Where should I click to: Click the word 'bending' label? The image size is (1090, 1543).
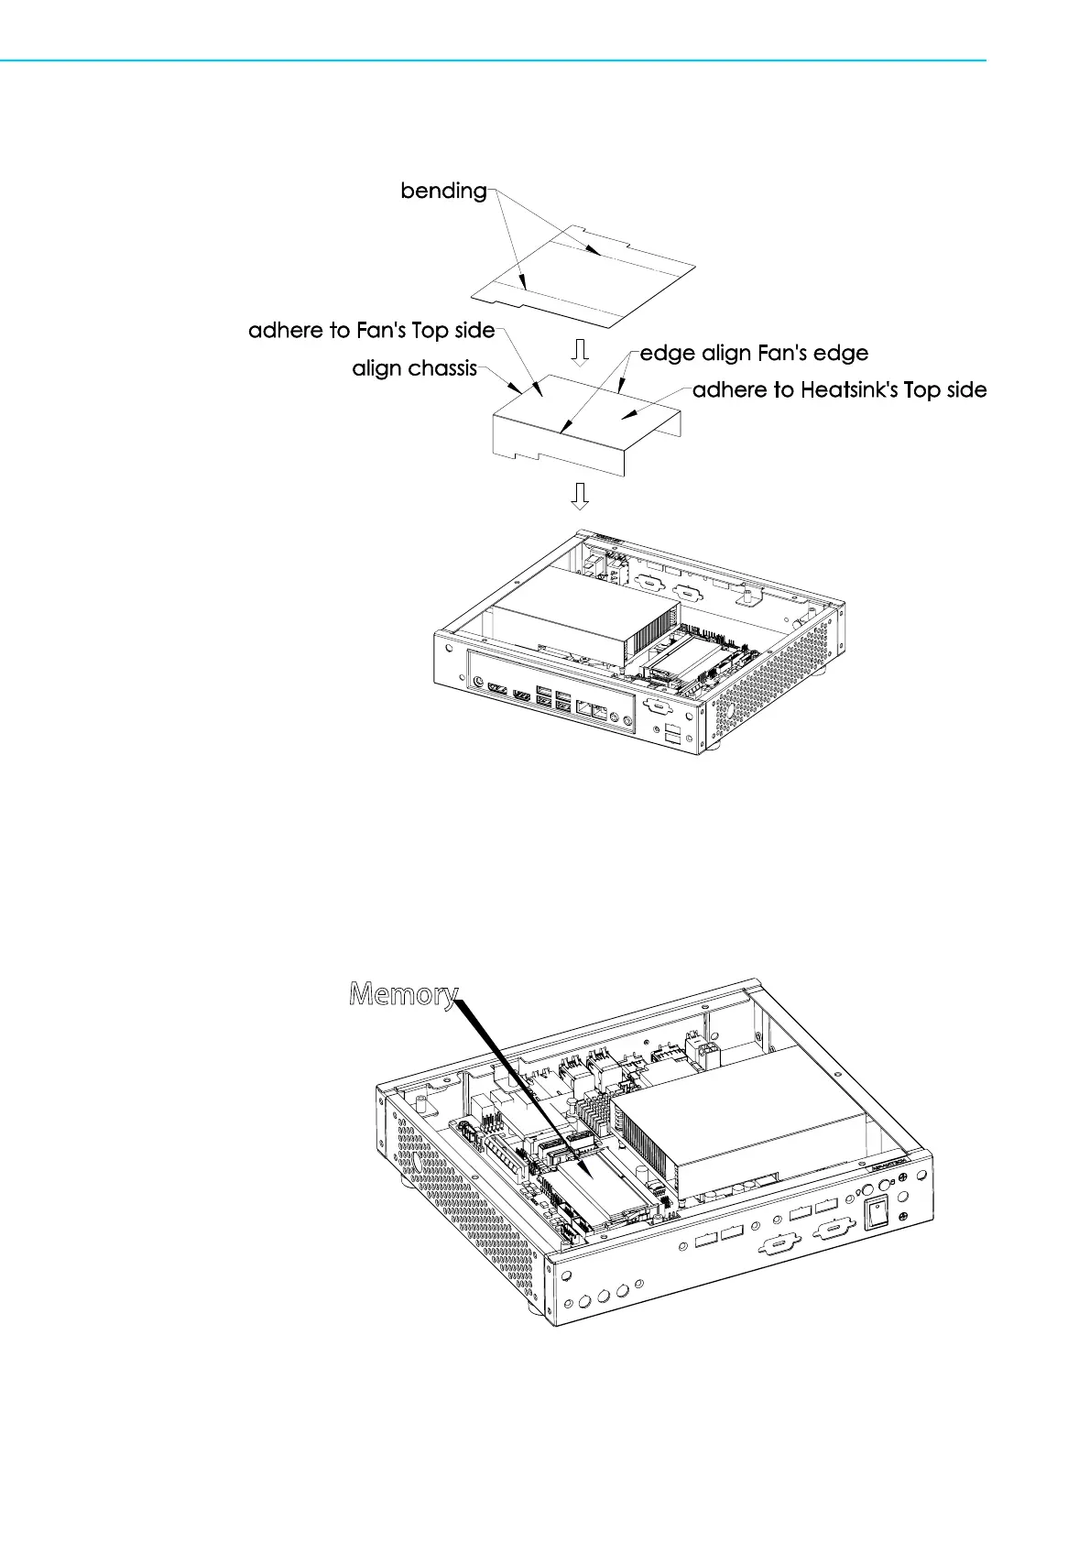(443, 191)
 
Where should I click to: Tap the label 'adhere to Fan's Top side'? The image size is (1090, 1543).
(371, 331)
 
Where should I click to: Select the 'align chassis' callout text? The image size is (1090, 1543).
(414, 368)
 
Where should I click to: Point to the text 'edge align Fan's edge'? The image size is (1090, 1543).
(754, 354)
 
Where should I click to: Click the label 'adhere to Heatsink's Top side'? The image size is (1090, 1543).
(839, 390)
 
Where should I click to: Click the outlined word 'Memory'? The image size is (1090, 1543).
(403, 994)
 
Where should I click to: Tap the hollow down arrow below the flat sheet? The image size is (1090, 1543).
(579, 351)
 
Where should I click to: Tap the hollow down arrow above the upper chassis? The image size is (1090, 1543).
(579, 496)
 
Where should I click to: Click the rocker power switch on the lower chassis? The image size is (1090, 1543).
(877, 1214)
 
